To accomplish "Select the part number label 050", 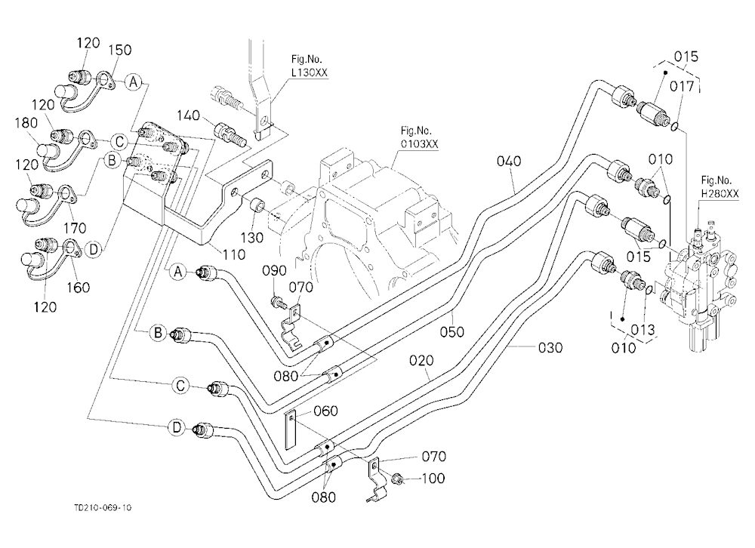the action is pos(452,332).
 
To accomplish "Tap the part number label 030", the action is pos(550,347).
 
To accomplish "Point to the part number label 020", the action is pos(421,360).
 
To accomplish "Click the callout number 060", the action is pos(325,411).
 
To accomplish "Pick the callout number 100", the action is pos(433,478).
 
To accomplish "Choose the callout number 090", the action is pos(275,271).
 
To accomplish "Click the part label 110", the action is pos(234,254).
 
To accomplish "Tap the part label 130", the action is pos(252,238).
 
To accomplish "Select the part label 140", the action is pos(188,115).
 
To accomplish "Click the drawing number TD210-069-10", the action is pos(103,507).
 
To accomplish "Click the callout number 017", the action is pos(682,87).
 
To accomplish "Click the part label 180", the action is pos(26,123).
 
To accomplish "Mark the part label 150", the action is pos(120,50).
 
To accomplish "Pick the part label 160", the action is pos(78,288).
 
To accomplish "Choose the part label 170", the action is pos(75,227).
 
